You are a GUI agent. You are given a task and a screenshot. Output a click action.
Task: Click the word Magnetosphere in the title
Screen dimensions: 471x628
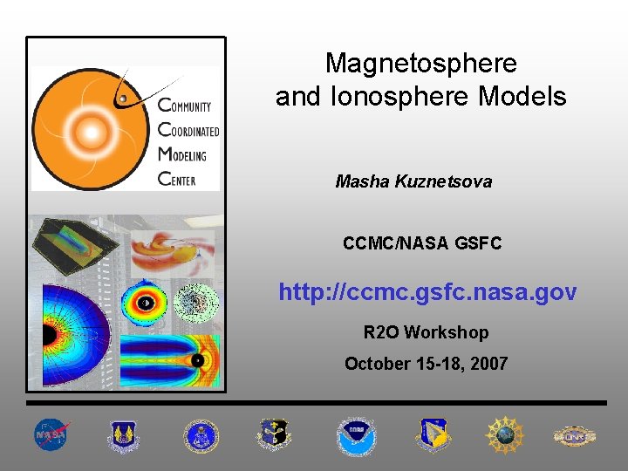[420, 63]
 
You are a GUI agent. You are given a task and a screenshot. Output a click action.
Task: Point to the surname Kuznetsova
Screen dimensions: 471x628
[443, 182]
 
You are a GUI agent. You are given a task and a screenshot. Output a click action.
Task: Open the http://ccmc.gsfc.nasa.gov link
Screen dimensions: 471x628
[427, 292]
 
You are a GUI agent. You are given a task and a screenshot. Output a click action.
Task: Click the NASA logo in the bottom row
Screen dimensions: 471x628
[51, 434]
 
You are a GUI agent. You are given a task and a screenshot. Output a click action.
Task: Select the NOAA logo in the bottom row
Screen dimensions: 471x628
[356, 434]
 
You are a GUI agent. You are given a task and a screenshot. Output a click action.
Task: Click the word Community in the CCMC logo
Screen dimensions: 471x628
[185, 106]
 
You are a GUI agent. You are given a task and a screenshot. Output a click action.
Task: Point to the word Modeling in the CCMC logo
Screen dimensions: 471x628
[183, 155]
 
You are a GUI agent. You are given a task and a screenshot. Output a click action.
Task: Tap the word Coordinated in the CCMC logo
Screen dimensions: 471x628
[188, 131]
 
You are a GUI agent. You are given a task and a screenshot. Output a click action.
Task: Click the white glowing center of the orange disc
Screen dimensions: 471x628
[88, 132]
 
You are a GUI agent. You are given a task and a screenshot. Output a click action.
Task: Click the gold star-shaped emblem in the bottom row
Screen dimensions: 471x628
[503, 434]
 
